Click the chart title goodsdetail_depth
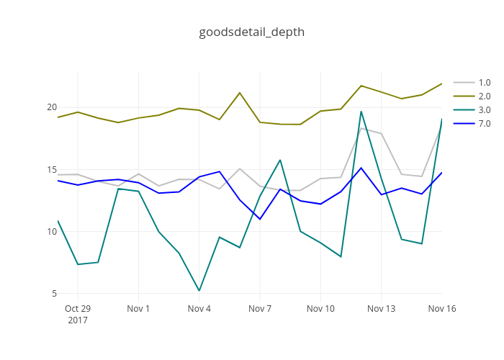tap(251, 32)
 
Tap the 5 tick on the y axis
tap(52, 294)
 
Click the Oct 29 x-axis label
tap(78, 309)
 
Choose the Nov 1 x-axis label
tap(138, 309)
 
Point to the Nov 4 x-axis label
tap(199, 309)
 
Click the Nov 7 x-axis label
tap(260, 309)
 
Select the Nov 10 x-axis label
tap(320, 309)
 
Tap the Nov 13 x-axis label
tap(381, 309)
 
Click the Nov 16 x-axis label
tap(441, 309)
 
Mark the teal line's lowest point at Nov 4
tap(199, 290)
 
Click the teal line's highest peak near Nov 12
tap(361, 111)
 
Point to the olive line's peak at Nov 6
tap(240, 93)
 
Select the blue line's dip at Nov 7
tap(260, 219)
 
